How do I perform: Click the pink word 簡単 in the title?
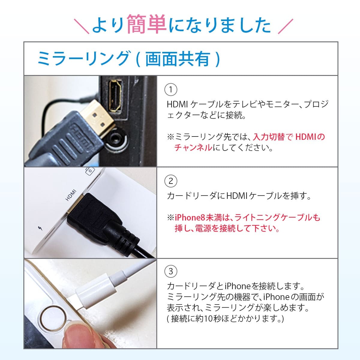pyautogui.click(x=147, y=24)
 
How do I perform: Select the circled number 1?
pyautogui.click(x=171, y=89)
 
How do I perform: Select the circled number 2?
pyautogui.click(x=171, y=181)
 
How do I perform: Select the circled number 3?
pyautogui.click(x=171, y=271)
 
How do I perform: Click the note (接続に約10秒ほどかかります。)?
pyautogui.click(x=225, y=319)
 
